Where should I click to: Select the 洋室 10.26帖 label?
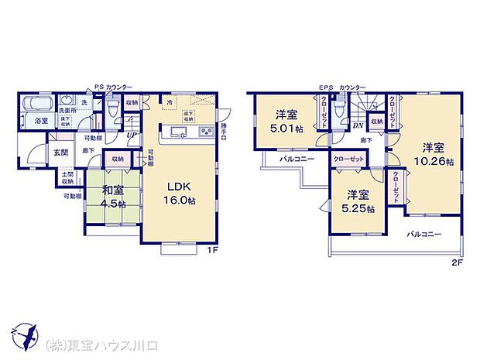pos(434,154)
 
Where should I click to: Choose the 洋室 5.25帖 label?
pos(358,201)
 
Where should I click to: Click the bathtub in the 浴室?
pos(36,105)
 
